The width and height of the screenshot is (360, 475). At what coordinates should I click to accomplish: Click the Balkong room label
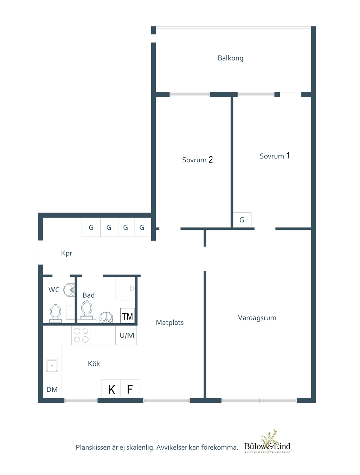click(x=230, y=58)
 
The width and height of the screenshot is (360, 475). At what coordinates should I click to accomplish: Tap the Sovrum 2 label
click(x=197, y=160)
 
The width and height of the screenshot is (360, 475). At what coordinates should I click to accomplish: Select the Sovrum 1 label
click(x=274, y=156)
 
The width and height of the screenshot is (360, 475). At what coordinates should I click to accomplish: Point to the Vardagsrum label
click(x=257, y=318)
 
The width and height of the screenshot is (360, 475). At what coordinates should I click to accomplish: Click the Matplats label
click(x=170, y=323)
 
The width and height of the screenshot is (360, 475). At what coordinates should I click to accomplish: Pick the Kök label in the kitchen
click(x=94, y=364)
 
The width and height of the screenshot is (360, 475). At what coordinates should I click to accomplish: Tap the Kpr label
click(x=66, y=253)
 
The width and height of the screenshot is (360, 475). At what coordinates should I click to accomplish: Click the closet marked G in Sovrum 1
click(x=242, y=220)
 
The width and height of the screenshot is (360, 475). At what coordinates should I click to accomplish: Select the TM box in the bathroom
click(x=127, y=316)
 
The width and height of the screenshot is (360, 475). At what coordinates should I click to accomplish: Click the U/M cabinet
click(x=127, y=336)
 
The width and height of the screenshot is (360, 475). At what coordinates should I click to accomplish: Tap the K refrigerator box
click(x=111, y=389)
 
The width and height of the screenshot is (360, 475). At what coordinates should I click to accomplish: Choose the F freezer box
click(x=130, y=389)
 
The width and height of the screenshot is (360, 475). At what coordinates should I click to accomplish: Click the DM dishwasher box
click(x=52, y=389)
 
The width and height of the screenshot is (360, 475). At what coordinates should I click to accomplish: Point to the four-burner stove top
click(x=81, y=335)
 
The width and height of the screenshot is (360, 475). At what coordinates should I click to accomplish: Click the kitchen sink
click(x=52, y=366)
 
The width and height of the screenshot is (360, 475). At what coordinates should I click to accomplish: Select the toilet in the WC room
click(x=55, y=313)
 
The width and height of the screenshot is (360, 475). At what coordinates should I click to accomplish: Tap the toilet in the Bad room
click(x=87, y=310)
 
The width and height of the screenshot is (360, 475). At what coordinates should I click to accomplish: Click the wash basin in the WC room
click(x=69, y=290)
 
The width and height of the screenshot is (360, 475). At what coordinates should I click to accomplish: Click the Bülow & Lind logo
click(x=268, y=443)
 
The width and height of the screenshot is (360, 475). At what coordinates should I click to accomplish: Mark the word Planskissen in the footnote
click(x=93, y=448)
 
